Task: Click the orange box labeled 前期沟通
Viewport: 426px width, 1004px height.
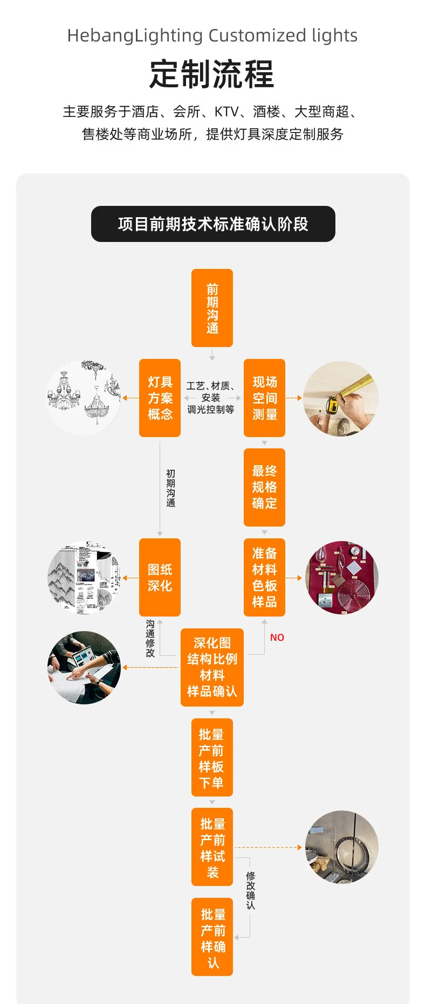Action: click(212, 308)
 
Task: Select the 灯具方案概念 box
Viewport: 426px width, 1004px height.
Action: click(160, 398)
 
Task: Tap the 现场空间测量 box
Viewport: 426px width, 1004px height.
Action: click(264, 398)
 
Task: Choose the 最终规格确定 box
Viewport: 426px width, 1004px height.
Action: click(264, 487)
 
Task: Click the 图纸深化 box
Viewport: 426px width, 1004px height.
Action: click(160, 577)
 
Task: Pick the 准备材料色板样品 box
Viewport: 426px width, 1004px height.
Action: click(264, 577)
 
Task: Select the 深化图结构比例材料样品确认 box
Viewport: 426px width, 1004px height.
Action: click(212, 667)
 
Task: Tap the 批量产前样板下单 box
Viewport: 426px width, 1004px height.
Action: click(212, 757)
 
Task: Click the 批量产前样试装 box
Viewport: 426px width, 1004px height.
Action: click(212, 847)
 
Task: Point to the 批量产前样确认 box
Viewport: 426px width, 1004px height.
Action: click(212, 937)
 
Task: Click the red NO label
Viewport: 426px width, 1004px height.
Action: click(277, 638)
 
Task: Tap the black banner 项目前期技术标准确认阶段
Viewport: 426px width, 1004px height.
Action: click(213, 224)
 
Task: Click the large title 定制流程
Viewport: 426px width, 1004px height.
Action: click(212, 74)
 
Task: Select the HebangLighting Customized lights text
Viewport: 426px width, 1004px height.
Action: click(212, 36)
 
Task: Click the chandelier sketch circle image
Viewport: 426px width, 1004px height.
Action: click(84, 398)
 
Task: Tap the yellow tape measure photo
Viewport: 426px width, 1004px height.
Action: click(341, 398)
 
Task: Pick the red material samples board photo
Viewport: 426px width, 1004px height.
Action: click(342, 578)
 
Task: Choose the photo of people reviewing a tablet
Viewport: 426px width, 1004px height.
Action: click(84, 668)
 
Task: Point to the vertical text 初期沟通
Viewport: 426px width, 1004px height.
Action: click(170, 488)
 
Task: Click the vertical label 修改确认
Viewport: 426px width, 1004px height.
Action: click(251, 890)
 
